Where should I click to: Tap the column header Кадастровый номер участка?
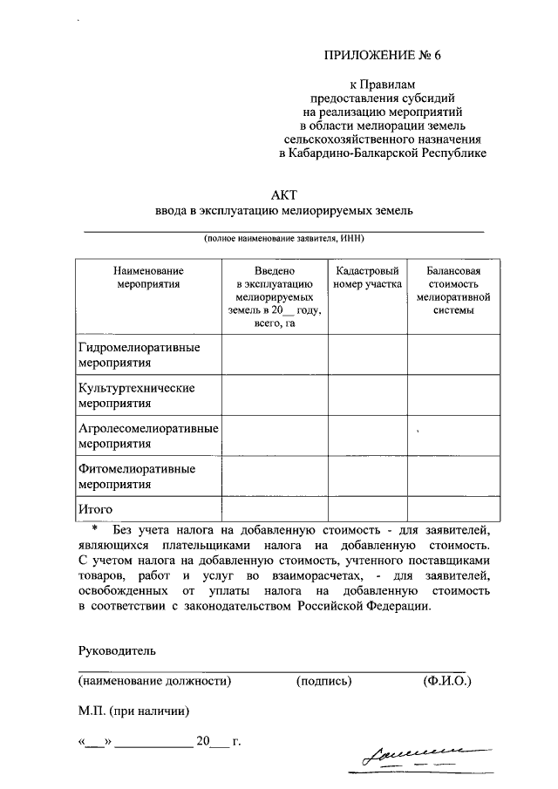coord(367,277)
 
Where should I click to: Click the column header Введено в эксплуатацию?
coord(275,296)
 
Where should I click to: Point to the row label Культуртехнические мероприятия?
coord(136,395)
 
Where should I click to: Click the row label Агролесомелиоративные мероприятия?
coord(147,435)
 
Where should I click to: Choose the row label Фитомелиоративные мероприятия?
coord(137,475)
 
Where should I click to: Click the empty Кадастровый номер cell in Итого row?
coord(367,508)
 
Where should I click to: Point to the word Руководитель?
coord(116,650)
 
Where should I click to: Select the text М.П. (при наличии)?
coord(133,711)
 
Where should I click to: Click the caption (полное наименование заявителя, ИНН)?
coord(283,239)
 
